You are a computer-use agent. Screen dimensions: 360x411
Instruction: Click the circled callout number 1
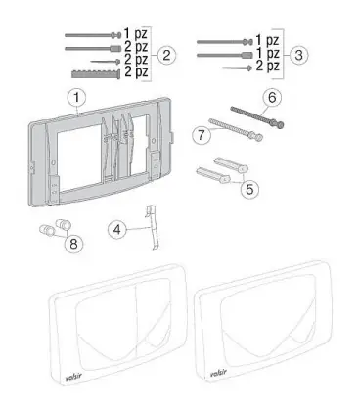click(76, 98)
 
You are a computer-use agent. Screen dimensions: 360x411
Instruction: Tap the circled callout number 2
click(166, 55)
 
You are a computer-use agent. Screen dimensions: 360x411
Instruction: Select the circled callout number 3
click(298, 55)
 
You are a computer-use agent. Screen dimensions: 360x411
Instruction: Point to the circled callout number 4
click(116, 229)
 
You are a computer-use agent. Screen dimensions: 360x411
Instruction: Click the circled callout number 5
click(249, 189)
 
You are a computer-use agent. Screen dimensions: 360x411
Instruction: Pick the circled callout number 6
click(272, 98)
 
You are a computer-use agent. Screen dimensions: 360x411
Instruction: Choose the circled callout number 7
click(202, 135)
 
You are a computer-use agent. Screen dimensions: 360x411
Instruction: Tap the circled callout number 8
click(73, 243)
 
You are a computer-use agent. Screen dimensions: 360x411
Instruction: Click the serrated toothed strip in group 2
click(96, 73)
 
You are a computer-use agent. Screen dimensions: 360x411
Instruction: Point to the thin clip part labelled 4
click(152, 227)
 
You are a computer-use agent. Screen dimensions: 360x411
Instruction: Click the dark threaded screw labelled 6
click(257, 116)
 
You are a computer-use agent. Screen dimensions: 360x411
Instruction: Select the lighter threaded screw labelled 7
click(236, 129)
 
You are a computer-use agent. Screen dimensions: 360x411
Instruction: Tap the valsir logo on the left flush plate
click(73, 377)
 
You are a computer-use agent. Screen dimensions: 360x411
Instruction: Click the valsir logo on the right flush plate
click(218, 374)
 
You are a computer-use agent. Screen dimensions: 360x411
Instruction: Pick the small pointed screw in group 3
click(238, 68)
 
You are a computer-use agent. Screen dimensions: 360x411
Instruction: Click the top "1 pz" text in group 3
click(267, 40)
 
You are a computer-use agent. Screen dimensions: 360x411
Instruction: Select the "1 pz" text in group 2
click(135, 33)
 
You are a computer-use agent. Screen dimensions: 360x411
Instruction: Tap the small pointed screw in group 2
click(106, 62)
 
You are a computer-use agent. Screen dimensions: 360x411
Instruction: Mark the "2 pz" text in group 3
click(267, 66)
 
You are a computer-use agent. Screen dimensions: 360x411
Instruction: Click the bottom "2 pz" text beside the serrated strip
click(136, 71)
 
